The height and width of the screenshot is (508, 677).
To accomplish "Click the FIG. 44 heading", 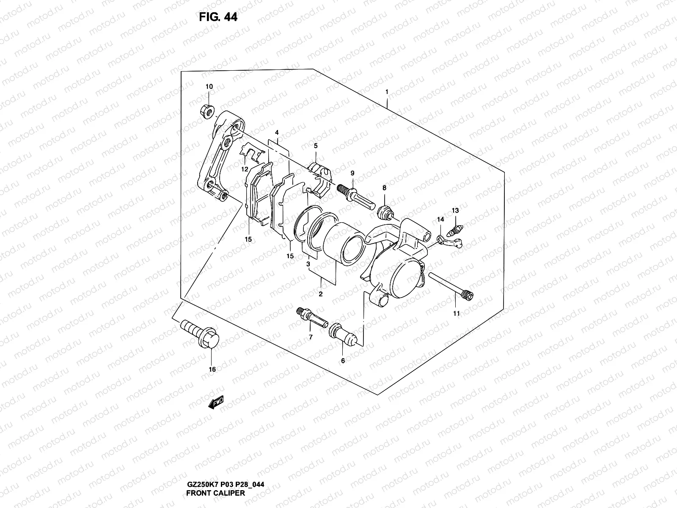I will [217, 17].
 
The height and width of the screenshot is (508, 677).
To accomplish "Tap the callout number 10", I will [209, 87].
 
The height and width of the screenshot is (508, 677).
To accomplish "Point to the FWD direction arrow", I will [216, 402].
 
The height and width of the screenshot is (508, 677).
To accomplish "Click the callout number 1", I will [386, 92].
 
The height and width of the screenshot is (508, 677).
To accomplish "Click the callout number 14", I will [440, 219].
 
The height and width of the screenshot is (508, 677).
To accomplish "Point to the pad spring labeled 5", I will [321, 178].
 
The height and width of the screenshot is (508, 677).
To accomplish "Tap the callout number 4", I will [276, 133].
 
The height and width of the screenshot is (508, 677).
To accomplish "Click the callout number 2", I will [321, 294].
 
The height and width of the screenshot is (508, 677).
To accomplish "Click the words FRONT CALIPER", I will [215, 493].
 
